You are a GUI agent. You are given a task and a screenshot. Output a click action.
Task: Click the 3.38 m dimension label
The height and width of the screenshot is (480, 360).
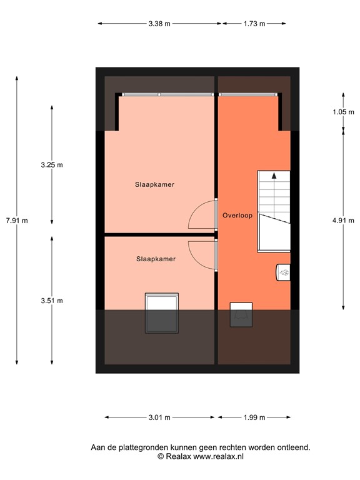[x=159, y=24]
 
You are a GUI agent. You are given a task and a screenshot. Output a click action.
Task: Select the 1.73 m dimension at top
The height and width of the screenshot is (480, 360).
[x=254, y=24]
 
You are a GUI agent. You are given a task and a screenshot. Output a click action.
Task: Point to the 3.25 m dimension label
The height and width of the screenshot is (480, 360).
[x=52, y=165]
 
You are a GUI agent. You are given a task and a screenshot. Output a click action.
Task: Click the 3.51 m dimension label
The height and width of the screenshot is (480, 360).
[x=52, y=300]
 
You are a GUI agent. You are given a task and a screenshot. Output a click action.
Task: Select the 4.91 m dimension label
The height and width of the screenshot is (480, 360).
[x=343, y=220]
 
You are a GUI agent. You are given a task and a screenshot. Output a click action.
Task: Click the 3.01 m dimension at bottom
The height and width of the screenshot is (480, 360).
[x=159, y=417]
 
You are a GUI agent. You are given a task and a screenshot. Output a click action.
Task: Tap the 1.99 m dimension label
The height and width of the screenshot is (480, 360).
[x=254, y=417]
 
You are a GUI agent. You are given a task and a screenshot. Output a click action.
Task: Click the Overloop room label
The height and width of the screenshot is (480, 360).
[x=237, y=216]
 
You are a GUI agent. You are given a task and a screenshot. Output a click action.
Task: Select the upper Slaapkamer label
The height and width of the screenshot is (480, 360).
[x=154, y=185]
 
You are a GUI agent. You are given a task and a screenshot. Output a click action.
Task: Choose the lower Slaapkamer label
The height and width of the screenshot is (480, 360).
[x=156, y=259]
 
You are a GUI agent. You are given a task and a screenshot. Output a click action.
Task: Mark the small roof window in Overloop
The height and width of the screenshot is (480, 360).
[x=241, y=314]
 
